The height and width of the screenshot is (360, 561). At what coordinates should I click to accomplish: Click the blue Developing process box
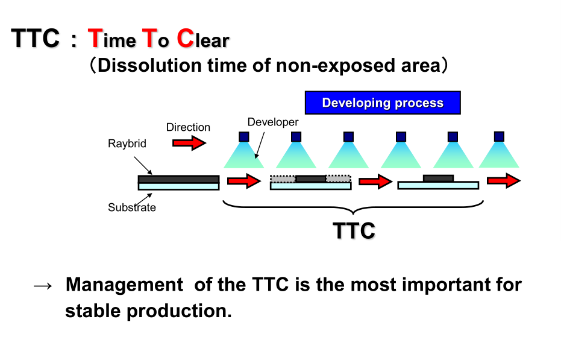[383, 103]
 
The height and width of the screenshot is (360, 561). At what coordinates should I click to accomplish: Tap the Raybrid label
[127, 144]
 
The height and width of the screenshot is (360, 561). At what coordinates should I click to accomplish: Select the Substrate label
[132, 207]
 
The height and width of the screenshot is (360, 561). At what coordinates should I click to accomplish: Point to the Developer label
[273, 122]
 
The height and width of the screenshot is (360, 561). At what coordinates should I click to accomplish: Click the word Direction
[188, 127]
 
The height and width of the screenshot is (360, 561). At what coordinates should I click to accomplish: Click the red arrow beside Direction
[189, 143]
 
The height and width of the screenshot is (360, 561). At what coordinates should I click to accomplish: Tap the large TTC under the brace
[354, 230]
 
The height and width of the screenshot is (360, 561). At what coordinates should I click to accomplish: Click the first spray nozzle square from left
[243, 136]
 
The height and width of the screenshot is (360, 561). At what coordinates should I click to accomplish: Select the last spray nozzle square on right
[499, 136]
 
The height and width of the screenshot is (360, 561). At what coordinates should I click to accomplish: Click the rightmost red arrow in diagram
[504, 180]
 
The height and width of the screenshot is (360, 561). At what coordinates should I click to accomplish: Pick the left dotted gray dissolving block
[283, 178]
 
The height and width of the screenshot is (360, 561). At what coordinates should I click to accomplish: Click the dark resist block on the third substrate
[438, 178]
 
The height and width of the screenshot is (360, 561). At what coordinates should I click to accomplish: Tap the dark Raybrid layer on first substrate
[178, 179]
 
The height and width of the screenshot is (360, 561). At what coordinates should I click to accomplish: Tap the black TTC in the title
[36, 40]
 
